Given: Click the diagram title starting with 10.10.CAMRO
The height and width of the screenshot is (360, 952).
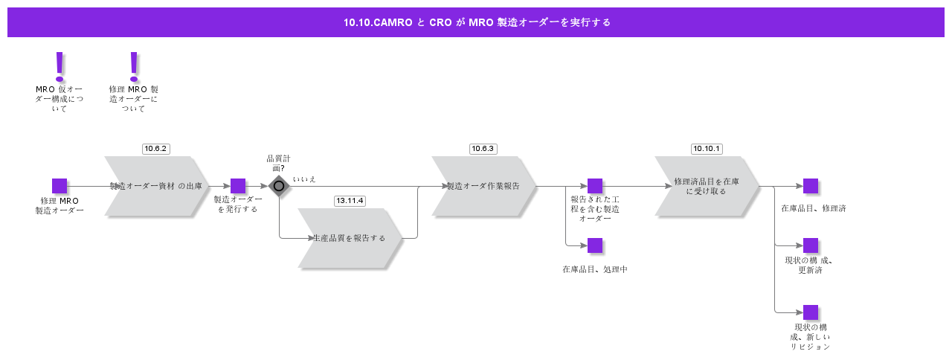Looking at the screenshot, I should [476, 22].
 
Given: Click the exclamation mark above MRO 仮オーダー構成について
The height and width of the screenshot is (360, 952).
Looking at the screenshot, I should [59, 66].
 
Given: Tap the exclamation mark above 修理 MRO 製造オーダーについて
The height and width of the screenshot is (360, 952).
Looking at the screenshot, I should [134, 66].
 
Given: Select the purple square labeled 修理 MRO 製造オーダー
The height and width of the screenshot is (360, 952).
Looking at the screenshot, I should [59, 186].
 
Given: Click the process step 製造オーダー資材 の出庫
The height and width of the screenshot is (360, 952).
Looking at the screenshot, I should [156, 186].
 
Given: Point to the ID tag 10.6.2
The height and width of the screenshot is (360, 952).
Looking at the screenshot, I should [156, 149].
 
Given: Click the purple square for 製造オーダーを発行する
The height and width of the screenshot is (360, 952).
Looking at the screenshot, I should [238, 186].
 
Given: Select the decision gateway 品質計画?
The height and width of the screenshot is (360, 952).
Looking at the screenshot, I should [279, 186].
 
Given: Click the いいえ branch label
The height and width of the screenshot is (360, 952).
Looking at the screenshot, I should [304, 179].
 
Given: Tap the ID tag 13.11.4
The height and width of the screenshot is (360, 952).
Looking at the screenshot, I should [350, 201].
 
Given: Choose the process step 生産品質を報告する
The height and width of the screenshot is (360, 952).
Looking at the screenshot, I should [350, 238].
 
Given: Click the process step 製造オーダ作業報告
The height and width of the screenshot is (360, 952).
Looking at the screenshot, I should [483, 186].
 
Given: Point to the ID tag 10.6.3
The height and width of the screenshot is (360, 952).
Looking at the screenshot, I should [483, 149].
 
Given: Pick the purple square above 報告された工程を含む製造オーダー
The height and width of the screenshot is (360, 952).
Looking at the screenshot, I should [595, 186].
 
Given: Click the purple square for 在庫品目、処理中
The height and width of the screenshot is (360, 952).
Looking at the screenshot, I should [595, 245].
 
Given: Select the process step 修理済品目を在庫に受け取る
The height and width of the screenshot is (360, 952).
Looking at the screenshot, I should [707, 186].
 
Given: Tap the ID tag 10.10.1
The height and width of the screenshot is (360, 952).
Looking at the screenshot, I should [707, 149].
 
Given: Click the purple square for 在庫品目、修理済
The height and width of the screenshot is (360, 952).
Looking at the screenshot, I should [811, 186].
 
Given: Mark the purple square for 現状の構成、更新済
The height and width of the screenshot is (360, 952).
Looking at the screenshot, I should [811, 245].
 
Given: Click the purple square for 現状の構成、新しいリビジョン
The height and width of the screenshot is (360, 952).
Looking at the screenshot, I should [811, 312].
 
